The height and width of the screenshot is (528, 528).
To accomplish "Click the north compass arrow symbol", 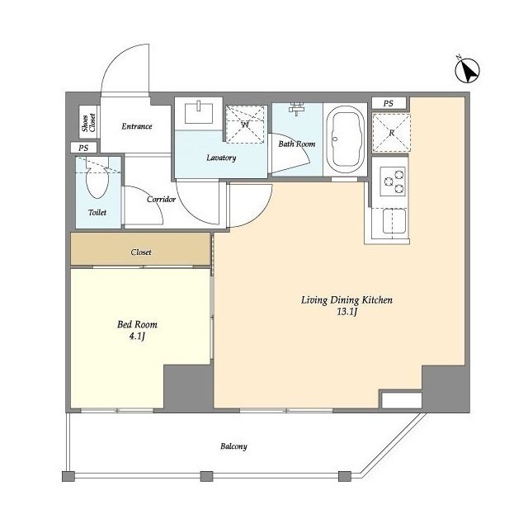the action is [x=467, y=70].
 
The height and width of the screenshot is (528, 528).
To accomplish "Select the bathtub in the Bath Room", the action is [x=346, y=139].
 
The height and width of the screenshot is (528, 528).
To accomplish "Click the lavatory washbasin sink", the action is [x=199, y=112].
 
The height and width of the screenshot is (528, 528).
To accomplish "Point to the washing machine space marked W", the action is [x=245, y=125].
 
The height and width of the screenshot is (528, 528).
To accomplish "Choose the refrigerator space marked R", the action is [x=391, y=132].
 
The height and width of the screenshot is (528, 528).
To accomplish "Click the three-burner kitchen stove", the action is [x=393, y=181].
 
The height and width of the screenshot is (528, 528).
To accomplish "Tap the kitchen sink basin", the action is [x=394, y=221].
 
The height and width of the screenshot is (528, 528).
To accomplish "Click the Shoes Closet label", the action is [x=89, y=122].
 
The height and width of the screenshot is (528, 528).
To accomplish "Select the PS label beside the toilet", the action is [x=83, y=148].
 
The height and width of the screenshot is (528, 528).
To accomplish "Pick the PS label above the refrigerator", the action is [x=389, y=103].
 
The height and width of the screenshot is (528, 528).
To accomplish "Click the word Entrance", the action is [x=137, y=126].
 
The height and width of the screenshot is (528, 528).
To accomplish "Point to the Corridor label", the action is [x=162, y=199].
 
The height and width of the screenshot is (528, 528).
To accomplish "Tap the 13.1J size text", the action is [x=346, y=312].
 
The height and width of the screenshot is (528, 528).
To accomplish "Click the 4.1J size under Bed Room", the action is [x=137, y=336].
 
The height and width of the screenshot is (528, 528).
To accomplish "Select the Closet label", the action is [x=141, y=252].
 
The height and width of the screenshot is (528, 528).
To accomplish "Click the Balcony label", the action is [x=233, y=446].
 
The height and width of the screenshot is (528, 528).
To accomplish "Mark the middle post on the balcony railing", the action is [x=206, y=476].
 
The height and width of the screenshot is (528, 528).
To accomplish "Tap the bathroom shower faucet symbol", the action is [x=297, y=108].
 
